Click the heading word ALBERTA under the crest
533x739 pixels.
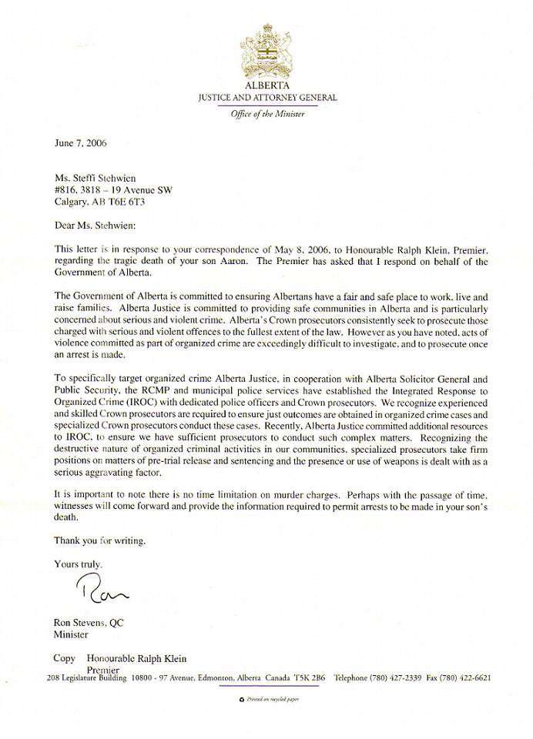266,87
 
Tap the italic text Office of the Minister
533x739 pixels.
266,114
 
